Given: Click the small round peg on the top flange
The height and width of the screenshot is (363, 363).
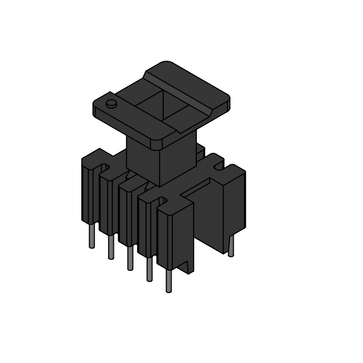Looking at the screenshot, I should [111, 104].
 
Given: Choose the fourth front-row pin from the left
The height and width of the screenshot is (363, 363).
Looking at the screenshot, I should [149, 270].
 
